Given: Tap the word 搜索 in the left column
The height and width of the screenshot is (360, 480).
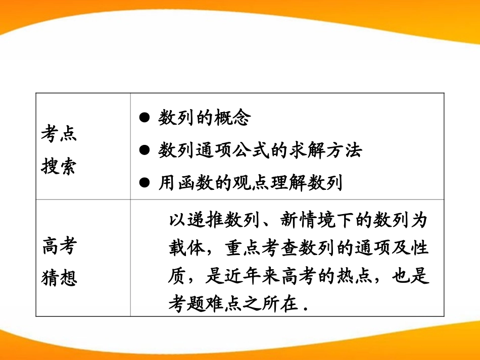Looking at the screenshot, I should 58,167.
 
